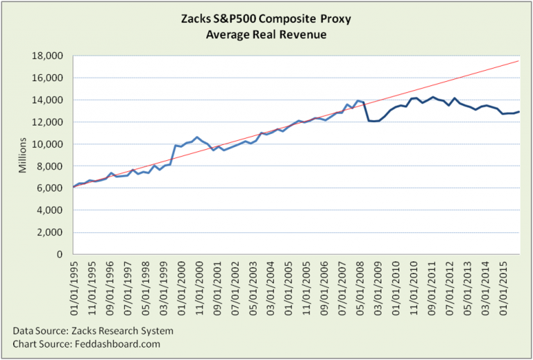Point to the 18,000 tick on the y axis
pos(51,56)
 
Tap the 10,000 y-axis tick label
pos(51,144)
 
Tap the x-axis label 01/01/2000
pos(181,283)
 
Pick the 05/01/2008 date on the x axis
pos(362,283)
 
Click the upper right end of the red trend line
pos(518,61)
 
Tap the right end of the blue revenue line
pos(518,112)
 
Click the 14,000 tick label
pos(51,100)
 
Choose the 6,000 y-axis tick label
pos(53,188)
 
